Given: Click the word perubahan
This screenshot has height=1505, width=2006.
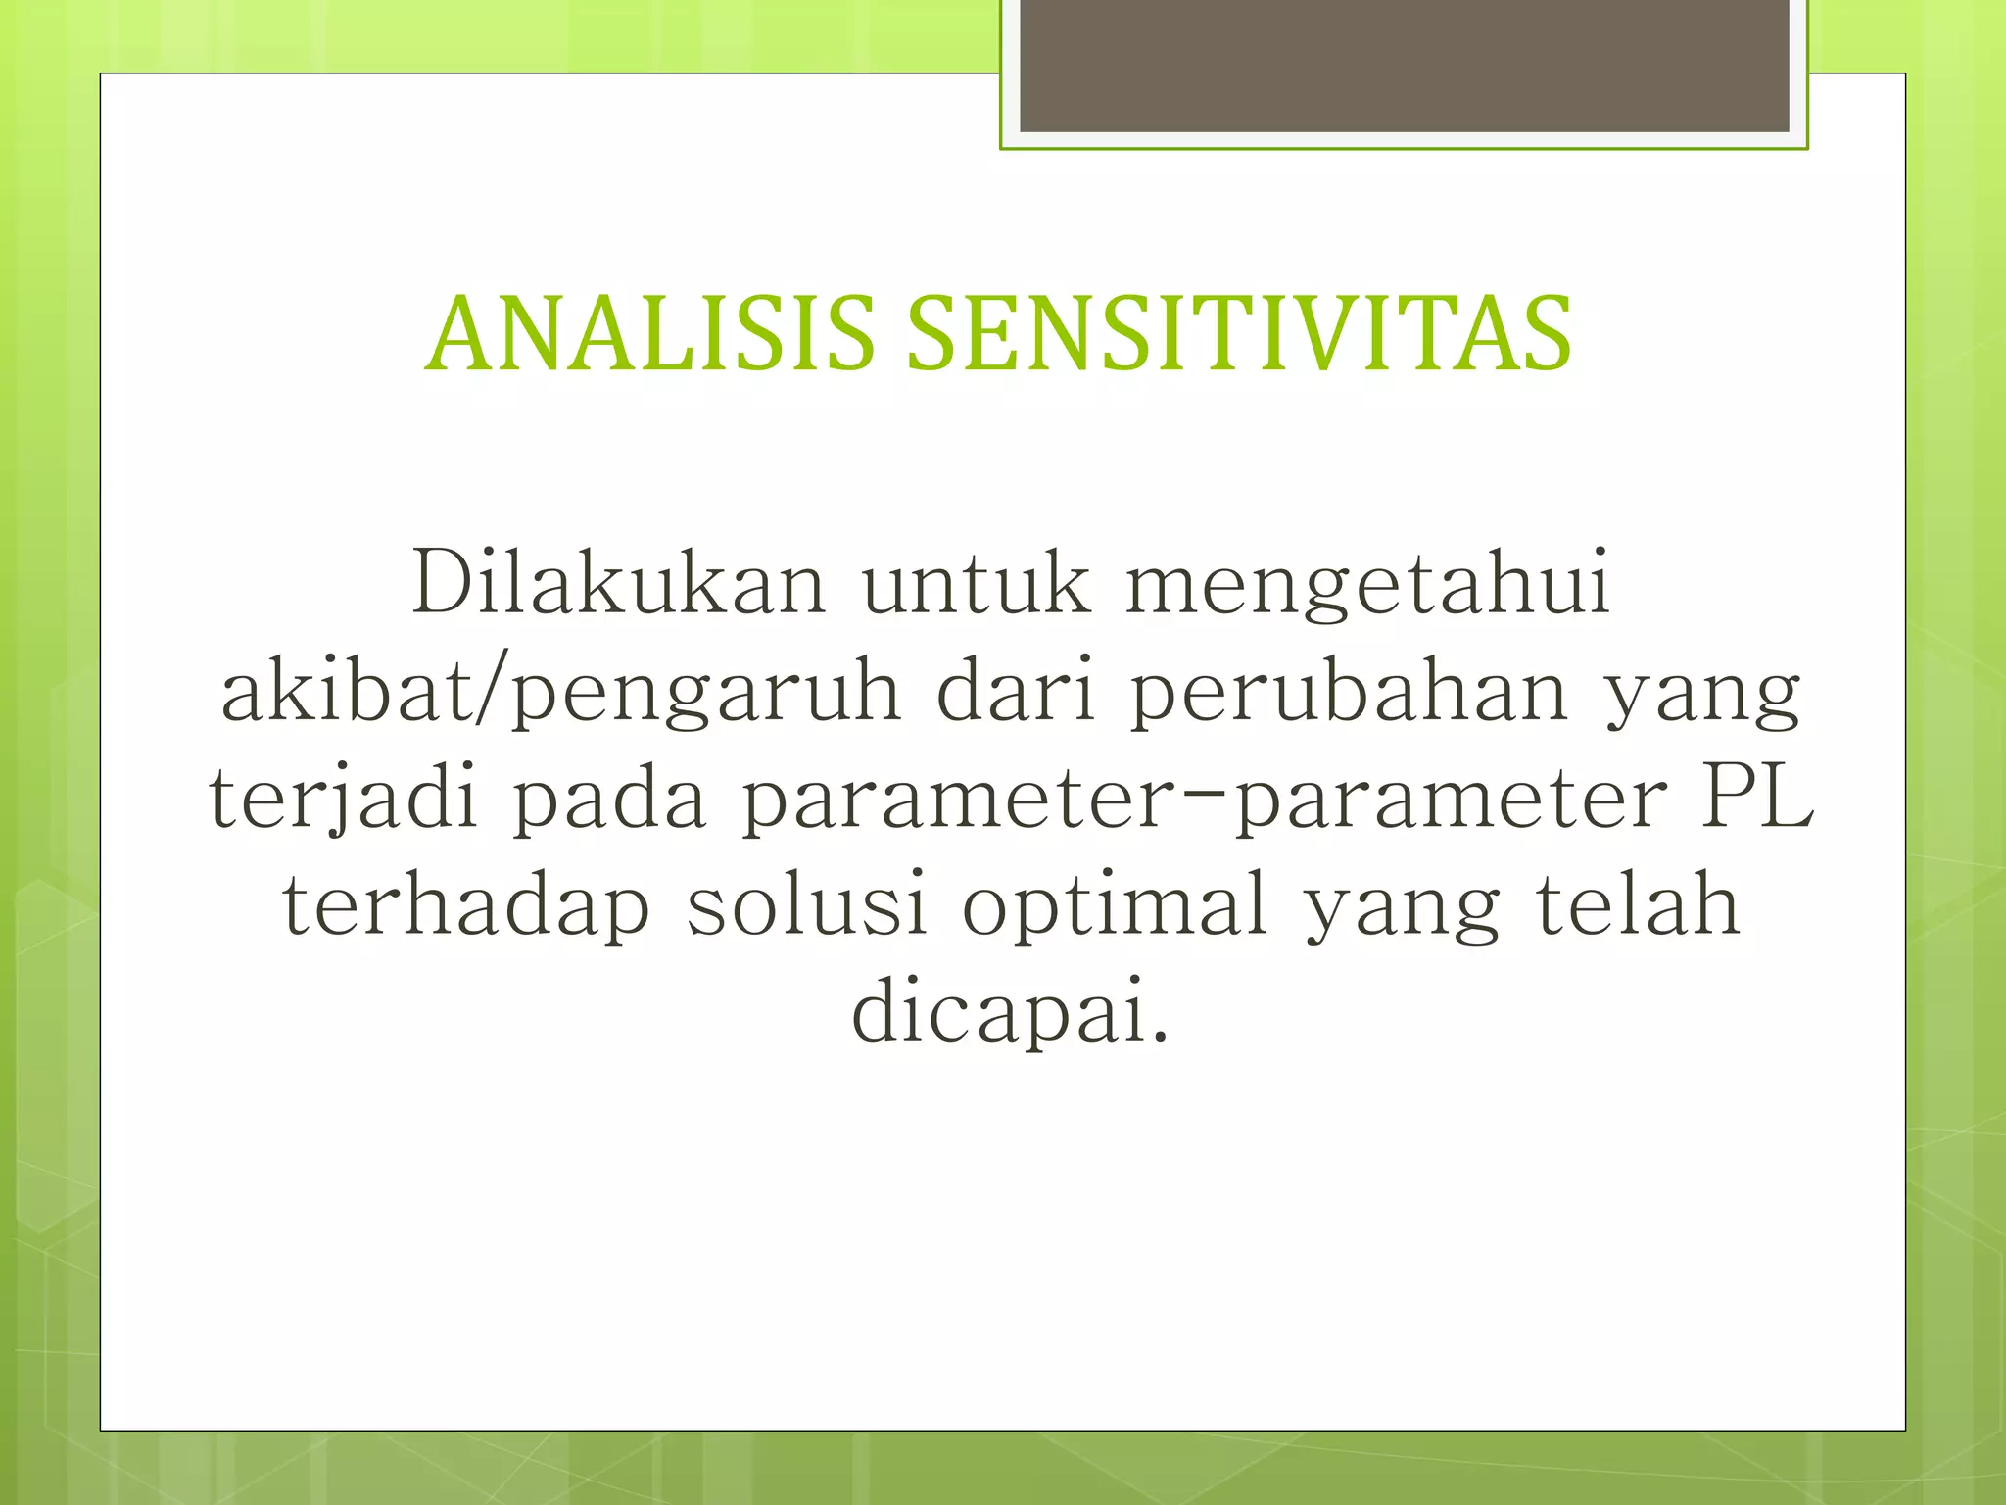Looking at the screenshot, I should (x=1349, y=692).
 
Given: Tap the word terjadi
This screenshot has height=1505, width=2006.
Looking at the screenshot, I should (x=344, y=800).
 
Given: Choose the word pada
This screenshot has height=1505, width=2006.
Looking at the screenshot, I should (x=609, y=800).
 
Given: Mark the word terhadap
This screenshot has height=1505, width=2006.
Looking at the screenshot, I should (x=466, y=905).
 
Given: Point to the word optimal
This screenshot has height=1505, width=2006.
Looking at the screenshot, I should (x=1116, y=905).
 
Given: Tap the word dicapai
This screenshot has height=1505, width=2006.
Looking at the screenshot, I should (x=1009, y=1011).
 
